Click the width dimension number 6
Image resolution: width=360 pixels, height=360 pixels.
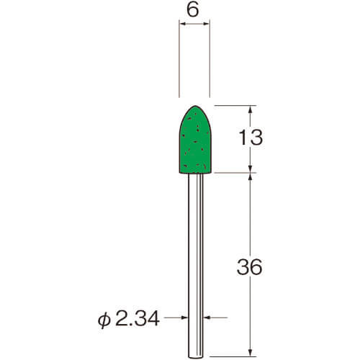coord(193,10)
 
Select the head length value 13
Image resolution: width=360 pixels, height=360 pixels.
coord(251,138)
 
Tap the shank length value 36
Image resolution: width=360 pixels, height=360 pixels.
coord(249,267)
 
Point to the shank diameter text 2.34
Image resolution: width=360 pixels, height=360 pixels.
coord(138,318)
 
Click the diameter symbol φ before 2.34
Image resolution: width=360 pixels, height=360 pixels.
coord(104,320)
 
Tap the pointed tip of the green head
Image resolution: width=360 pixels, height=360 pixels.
coord(195,106)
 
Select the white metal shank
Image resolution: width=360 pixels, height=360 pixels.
coord(196,265)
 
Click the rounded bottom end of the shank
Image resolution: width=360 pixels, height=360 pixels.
coord(196,357)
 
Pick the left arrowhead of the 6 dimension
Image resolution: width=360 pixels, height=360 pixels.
coord(182,24)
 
